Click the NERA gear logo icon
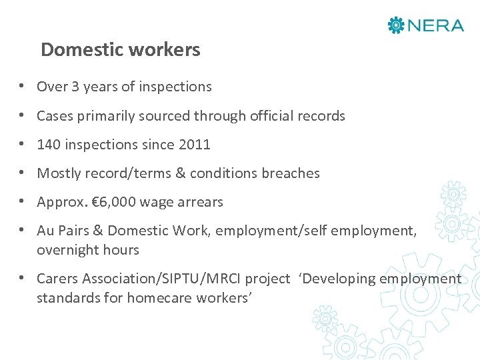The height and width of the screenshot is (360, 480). tap(396, 25)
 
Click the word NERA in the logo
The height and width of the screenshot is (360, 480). tap(435, 25)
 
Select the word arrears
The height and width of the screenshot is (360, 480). tap(199, 202)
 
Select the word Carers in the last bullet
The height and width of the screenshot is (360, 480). tap(57, 279)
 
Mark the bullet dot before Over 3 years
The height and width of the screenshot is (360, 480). tap(22, 87)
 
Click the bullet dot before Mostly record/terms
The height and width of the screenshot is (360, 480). tap(22, 173)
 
